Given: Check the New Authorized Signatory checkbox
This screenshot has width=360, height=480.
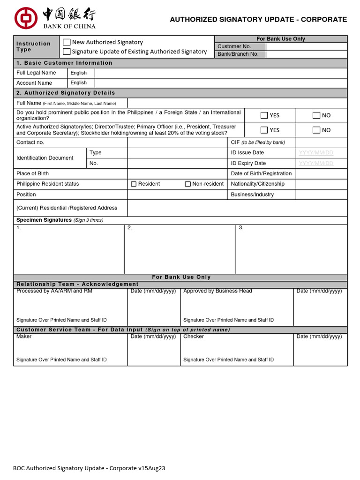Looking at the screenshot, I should pos(67,42).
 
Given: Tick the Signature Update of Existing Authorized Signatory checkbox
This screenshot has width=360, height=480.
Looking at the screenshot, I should pos(67,52).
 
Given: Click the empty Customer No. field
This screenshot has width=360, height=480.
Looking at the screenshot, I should pos(306,46).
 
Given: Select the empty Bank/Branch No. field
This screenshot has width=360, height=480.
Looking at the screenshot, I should pos(306,54).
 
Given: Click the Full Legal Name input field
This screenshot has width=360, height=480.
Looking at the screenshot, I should pos(221,73).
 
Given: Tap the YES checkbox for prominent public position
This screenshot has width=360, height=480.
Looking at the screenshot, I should pos(264,115).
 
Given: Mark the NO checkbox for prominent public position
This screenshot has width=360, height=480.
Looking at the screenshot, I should pos(316,115).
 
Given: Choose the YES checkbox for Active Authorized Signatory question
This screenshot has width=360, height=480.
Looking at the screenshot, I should pos(264,130).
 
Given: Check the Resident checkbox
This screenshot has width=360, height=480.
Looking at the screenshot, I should pos(134,184).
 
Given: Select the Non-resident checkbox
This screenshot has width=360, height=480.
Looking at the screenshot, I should pos(188,184).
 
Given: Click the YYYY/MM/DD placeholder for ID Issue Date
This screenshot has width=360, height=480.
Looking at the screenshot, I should pos(316,153).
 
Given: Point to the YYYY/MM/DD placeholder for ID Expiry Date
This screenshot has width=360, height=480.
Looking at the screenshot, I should pos(316,163).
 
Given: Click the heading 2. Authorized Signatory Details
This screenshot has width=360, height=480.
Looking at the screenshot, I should pos(66,93).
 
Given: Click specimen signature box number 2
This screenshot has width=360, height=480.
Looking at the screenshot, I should pos(180,249).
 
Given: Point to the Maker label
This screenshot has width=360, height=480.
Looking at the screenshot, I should pos(24,337).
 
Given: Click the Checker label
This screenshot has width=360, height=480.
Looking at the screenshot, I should pos(194,337).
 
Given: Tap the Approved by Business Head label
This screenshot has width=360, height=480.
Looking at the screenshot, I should pos(217,291).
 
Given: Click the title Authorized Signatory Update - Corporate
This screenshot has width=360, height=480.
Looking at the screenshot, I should pos(258,20).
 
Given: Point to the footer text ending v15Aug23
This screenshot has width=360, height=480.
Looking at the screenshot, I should pos(89,468).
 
